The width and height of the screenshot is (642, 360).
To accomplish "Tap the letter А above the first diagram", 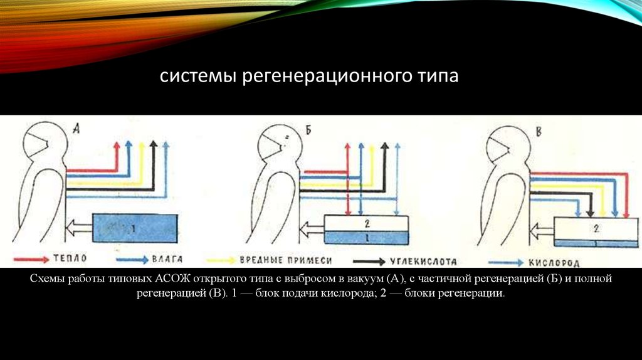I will click(x=76, y=130).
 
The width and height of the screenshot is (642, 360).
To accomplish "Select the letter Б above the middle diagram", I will click(x=308, y=130).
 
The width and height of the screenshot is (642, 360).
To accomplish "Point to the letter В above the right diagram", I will click(x=539, y=130).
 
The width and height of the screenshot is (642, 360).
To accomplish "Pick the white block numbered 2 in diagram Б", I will click(x=366, y=223).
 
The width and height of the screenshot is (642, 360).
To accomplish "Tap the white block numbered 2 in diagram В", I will click(x=597, y=228).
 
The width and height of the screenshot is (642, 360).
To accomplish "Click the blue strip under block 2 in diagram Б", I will click(x=366, y=238).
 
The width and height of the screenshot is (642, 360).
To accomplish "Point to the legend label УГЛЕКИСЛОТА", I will click(x=424, y=259).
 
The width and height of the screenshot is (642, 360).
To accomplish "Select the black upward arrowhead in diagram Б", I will click(x=385, y=147).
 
